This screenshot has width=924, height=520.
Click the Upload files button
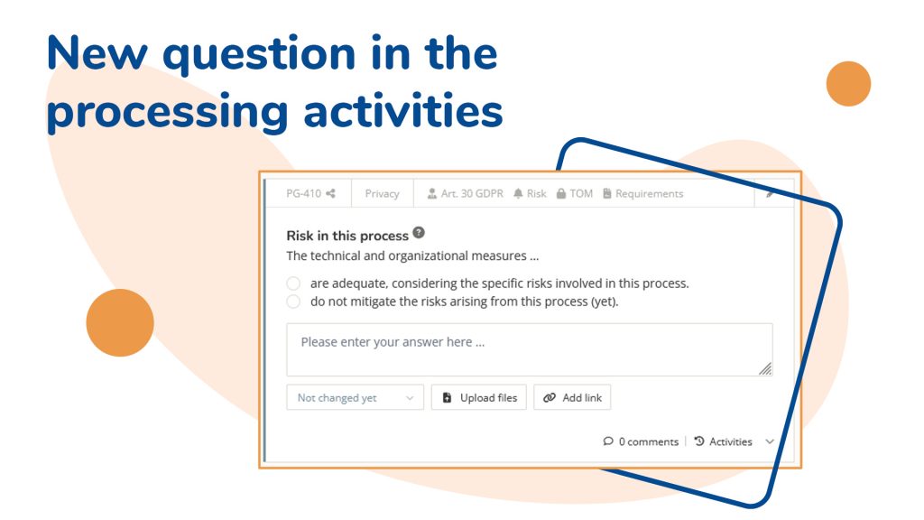480,398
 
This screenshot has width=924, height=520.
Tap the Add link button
573,398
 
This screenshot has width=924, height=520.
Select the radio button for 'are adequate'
293,283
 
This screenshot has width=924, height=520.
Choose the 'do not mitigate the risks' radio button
293,302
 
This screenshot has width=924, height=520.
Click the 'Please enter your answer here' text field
529,349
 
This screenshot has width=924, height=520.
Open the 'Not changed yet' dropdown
355,398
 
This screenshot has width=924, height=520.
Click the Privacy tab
382,193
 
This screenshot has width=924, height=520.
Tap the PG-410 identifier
303,193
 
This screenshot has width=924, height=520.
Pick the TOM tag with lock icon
575,193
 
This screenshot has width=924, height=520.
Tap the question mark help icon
418,233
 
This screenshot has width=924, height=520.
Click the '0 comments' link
641,441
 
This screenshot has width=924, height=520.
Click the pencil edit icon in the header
770,193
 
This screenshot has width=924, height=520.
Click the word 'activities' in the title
402,111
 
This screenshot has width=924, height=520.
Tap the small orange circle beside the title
848,84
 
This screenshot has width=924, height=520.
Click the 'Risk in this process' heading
347,236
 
